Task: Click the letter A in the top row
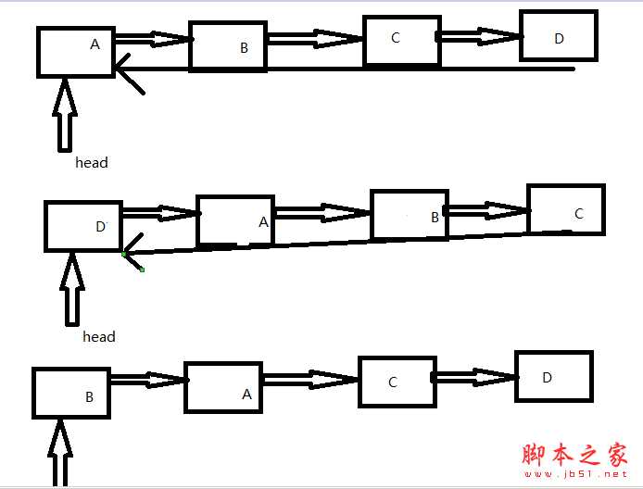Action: (95, 44)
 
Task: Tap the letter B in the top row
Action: (244, 48)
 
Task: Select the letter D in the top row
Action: (559, 39)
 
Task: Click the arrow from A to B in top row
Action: (154, 39)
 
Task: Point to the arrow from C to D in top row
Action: (480, 36)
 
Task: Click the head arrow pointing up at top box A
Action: (65, 115)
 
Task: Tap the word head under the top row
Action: (92, 163)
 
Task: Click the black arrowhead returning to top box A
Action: (129, 73)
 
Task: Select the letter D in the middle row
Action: (100, 227)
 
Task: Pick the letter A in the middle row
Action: (263, 222)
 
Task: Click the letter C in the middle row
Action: (579, 214)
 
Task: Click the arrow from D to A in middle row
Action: (161, 213)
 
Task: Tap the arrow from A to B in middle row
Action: (322, 212)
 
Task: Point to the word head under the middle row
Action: (99, 337)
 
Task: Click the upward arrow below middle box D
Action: (72, 289)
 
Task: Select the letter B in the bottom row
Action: (89, 396)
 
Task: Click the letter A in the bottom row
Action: (246, 395)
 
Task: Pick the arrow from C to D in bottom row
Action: (475, 377)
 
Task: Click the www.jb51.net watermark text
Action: (575, 474)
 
